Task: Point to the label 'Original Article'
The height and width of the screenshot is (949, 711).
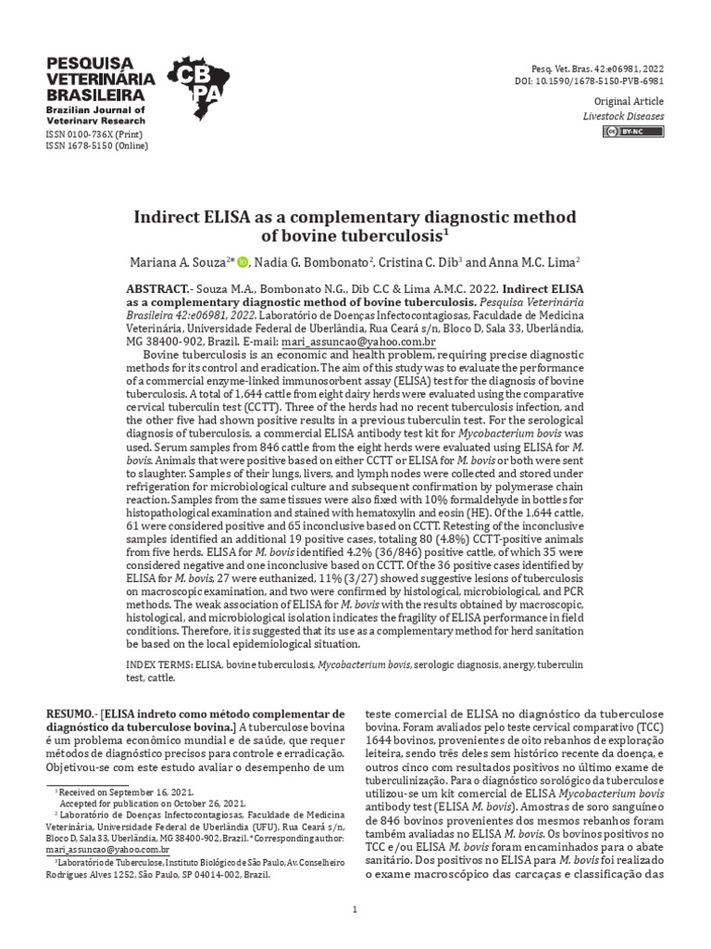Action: (x=630, y=103)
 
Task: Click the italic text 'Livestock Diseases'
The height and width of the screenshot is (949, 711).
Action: (x=623, y=117)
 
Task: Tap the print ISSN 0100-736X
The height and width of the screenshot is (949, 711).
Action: (x=94, y=133)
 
